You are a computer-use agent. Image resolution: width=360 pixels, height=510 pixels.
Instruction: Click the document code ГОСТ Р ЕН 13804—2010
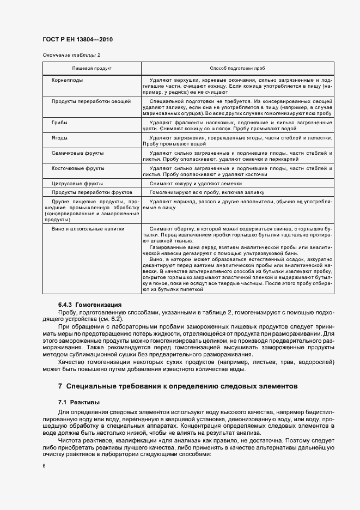[x=77, y=40]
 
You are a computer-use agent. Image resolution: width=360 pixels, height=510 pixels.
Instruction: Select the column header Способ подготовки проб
[x=237, y=69]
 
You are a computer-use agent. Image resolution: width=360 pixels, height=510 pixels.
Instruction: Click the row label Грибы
[x=59, y=123]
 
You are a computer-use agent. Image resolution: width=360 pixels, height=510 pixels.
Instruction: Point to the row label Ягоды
[x=59, y=138]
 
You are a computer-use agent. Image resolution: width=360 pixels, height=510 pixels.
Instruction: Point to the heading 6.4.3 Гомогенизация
[x=90, y=304]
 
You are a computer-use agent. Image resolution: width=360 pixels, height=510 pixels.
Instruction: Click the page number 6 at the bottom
[x=44, y=466]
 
